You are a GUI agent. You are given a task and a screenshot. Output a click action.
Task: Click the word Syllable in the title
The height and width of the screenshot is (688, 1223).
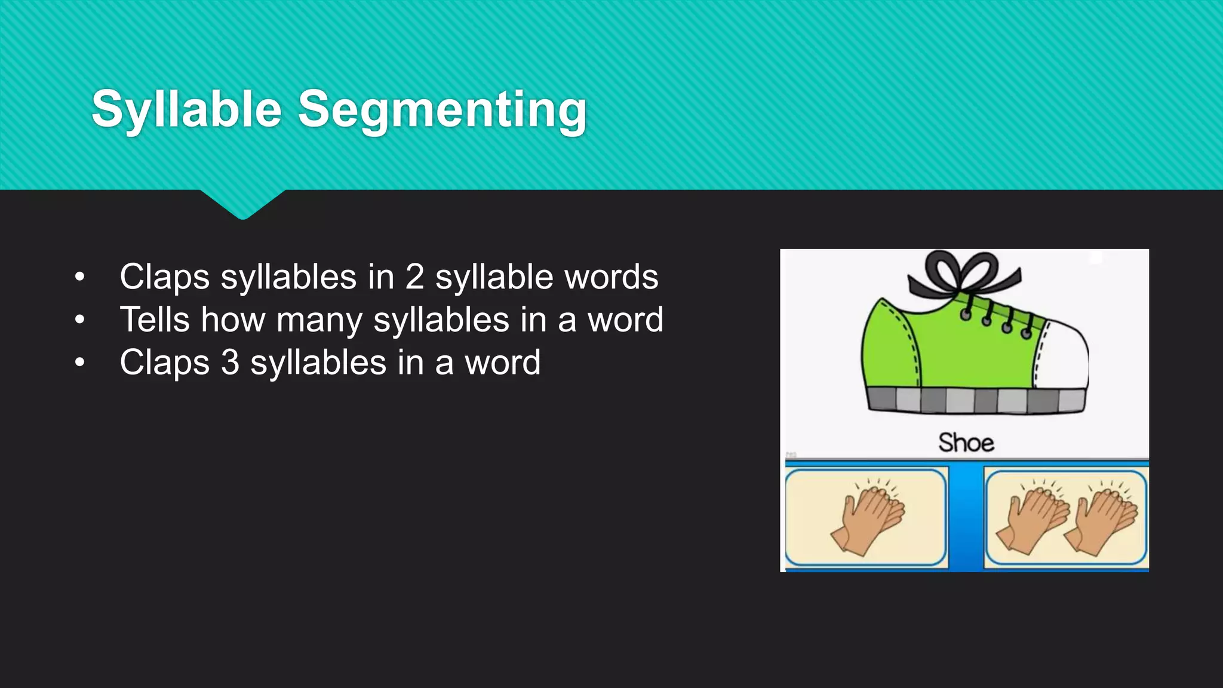(186, 109)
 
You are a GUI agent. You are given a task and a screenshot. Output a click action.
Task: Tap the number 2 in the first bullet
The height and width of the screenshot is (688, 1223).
(414, 277)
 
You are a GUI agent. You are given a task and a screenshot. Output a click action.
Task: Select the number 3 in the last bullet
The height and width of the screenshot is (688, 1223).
(230, 363)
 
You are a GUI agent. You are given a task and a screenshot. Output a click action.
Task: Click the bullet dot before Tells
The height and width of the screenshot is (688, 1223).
(80, 320)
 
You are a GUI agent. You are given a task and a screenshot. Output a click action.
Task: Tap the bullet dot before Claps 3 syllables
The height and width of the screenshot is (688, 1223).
(80, 363)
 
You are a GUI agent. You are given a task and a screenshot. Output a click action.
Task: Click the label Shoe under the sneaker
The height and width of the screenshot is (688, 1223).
(966, 443)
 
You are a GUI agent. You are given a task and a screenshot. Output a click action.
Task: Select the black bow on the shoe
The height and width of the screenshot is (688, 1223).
(963, 272)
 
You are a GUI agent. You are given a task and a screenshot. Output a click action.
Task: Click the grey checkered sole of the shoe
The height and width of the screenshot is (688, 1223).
(976, 400)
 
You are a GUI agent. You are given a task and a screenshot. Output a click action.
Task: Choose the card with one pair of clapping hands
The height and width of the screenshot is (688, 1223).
(866, 517)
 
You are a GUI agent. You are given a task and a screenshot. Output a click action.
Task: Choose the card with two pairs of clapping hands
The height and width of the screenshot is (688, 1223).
(1066, 517)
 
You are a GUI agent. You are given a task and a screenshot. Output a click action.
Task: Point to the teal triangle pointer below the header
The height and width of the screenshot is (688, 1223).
(242, 203)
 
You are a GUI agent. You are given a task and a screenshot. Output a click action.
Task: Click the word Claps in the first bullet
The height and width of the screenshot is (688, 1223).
(164, 277)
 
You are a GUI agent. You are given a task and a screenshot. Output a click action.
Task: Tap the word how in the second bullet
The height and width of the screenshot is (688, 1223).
(233, 320)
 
